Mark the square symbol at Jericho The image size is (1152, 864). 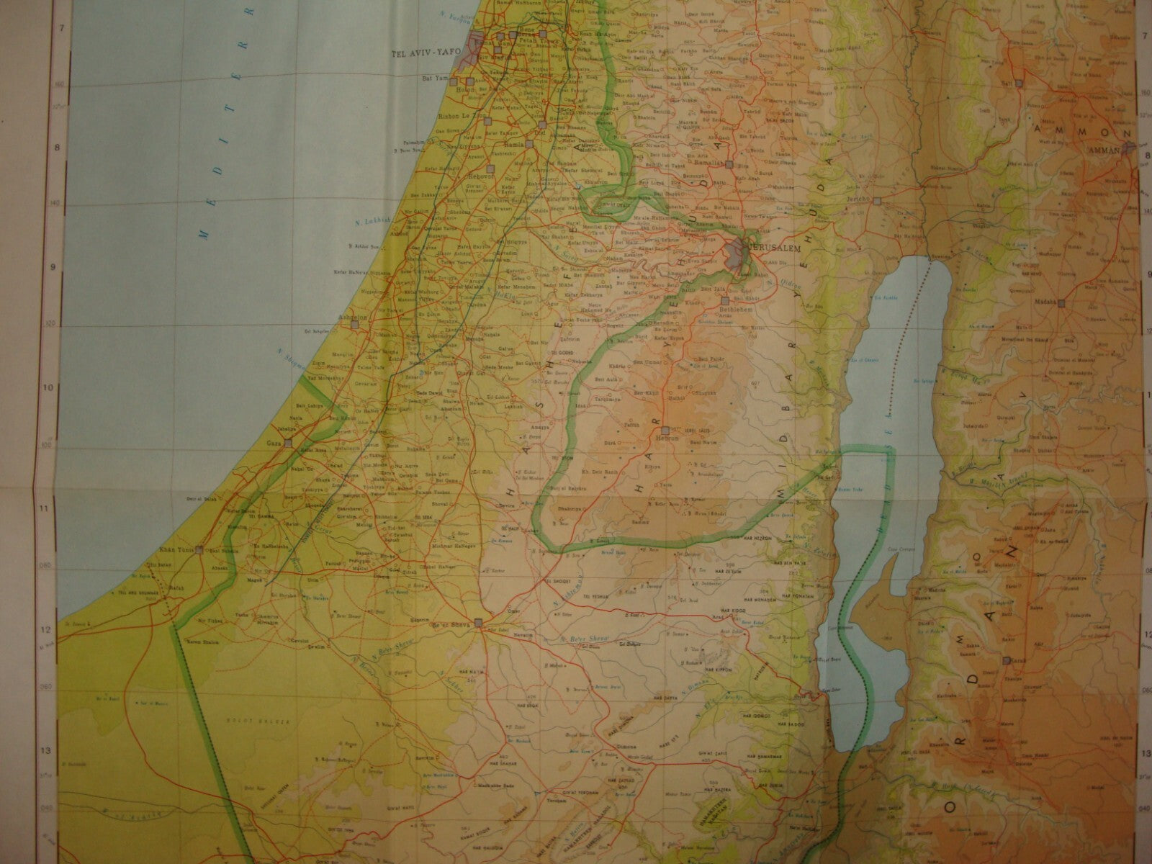pyautogui.click(x=876, y=202)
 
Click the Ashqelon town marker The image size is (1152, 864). pyautogui.click(x=354, y=325)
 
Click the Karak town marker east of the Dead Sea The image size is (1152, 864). pyautogui.click(x=1005, y=660)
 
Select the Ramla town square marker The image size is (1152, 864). pyautogui.click(x=529, y=143)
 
